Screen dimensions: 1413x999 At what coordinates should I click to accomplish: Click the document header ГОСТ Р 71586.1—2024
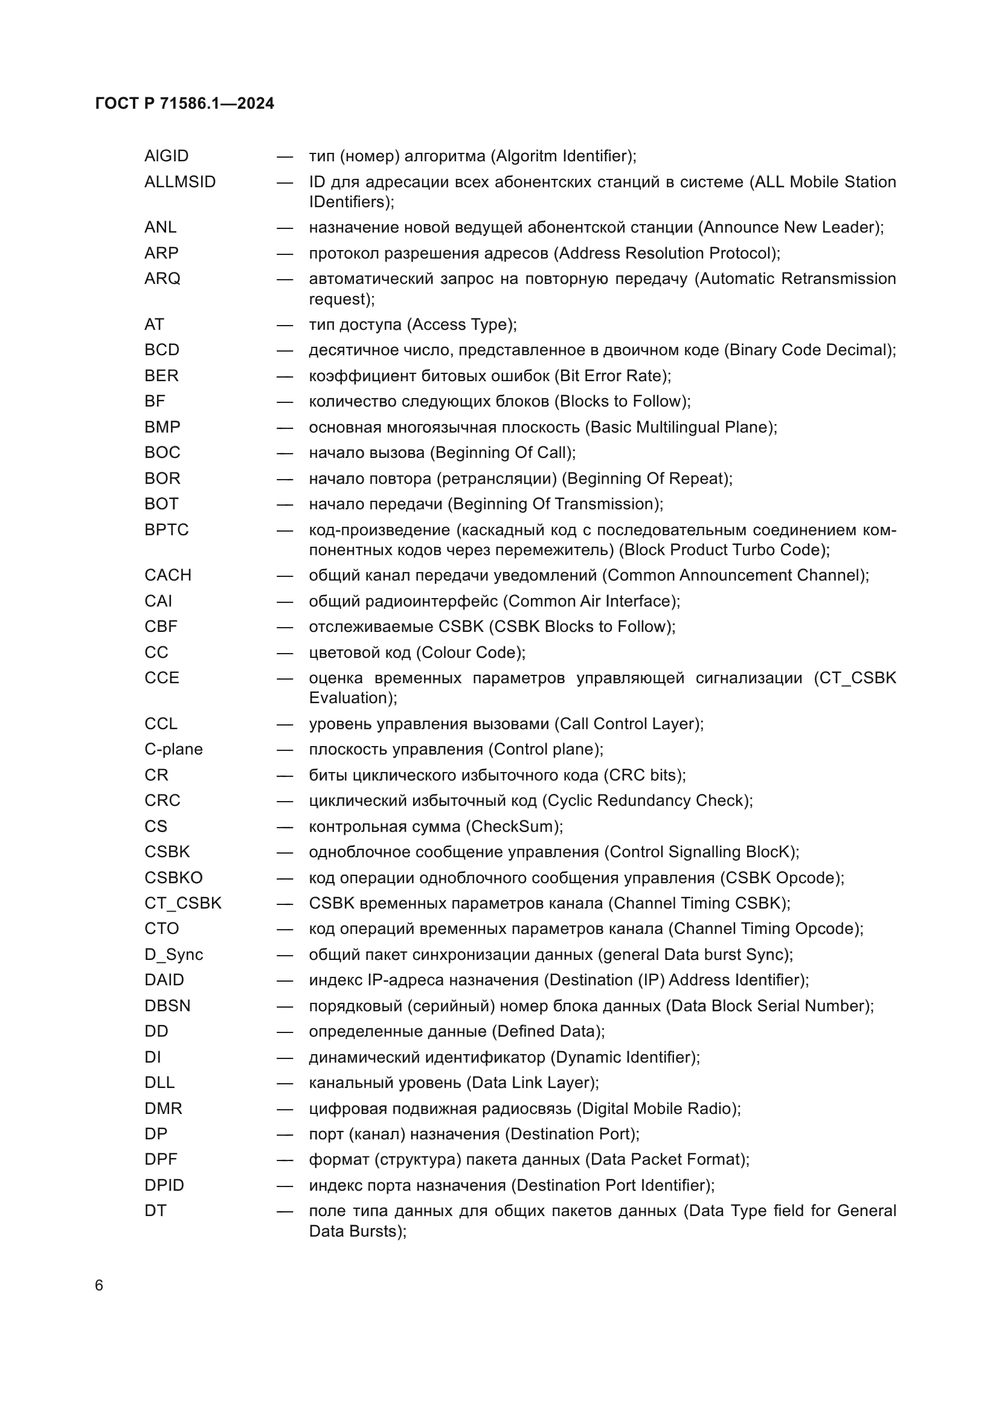tap(185, 103)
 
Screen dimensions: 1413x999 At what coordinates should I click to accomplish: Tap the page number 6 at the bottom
tap(99, 1286)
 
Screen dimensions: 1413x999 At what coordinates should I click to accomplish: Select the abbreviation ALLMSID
tap(179, 182)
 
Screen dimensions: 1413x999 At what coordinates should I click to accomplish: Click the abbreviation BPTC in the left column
tap(166, 530)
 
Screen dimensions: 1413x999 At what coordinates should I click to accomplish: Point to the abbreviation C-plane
tap(173, 750)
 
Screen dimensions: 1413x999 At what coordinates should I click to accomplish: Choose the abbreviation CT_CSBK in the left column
tap(182, 903)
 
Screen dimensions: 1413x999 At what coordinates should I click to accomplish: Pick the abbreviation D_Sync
tap(173, 954)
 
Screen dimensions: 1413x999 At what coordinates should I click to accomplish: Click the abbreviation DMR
tap(163, 1109)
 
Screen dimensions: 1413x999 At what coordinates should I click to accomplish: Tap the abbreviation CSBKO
tap(173, 878)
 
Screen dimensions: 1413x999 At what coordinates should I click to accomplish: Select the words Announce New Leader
tap(789, 228)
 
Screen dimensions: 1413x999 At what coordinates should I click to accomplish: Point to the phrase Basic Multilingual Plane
tap(678, 427)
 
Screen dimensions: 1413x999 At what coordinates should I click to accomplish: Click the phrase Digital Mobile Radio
tap(657, 1109)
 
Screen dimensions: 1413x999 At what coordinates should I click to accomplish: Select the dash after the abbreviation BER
tap(284, 376)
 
